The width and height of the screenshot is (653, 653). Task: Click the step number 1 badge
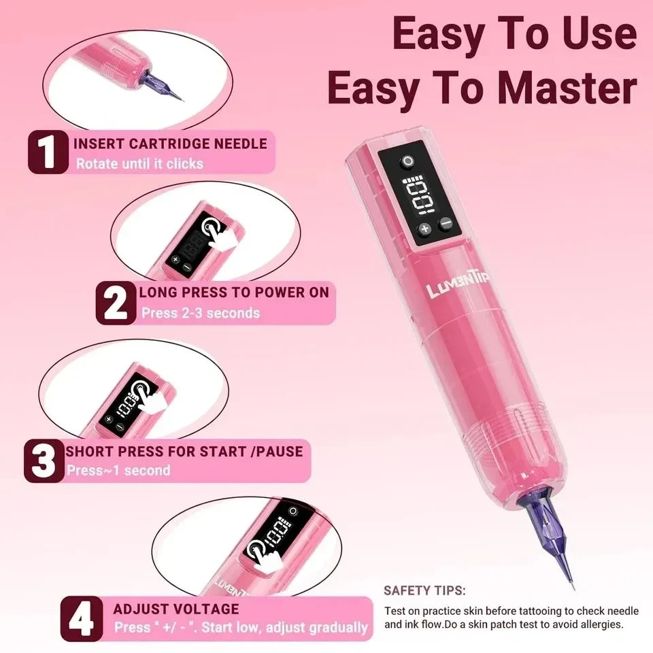pos(48,152)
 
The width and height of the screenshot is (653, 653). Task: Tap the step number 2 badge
pos(116,303)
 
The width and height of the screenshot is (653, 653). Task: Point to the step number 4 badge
pos(82,619)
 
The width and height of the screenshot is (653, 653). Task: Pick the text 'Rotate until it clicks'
pos(139,164)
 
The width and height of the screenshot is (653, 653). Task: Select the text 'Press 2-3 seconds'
pos(200,313)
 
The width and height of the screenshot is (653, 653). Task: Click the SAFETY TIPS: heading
pos(424,590)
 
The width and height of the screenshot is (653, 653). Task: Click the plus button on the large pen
pos(424,229)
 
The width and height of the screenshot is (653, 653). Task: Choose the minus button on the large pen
pos(446,223)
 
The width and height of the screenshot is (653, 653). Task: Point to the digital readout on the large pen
pos(419,195)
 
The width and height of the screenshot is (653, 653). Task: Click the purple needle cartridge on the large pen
pos(546,537)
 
